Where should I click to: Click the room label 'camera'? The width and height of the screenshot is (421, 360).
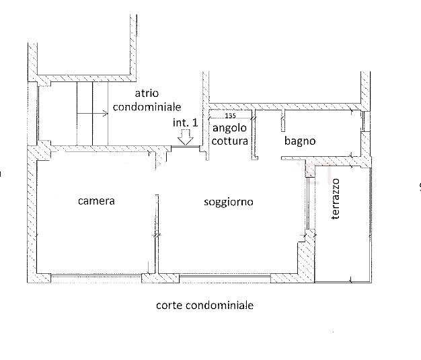tap(96, 201)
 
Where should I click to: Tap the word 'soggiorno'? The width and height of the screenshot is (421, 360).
tap(228, 201)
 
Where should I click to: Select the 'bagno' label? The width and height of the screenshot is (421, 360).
tap(299, 141)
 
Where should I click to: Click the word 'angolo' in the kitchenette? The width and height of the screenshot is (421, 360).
tap(229, 129)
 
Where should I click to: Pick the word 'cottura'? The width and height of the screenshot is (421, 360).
tap(229, 141)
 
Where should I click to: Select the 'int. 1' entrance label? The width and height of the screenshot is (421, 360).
tap(185, 122)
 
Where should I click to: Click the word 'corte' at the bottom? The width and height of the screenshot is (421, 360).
tap(168, 305)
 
